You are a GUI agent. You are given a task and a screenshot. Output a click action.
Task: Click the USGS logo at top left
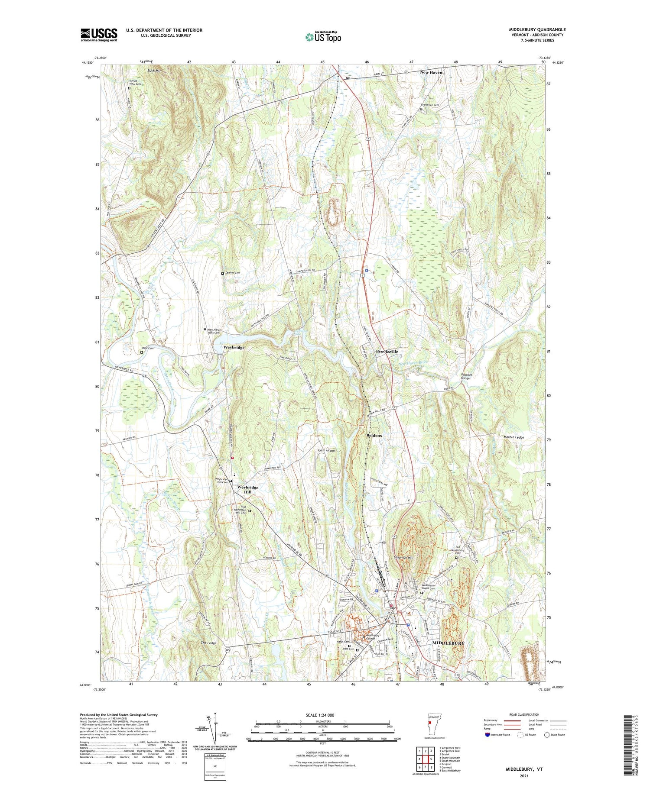[x=99, y=35]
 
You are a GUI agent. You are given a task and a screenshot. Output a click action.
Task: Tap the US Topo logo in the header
[x=323, y=37]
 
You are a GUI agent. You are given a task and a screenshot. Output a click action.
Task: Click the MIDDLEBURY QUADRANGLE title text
[x=537, y=29]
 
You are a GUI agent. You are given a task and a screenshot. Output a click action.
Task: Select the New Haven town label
[x=431, y=72]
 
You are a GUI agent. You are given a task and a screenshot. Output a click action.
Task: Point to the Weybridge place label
[x=234, y=347]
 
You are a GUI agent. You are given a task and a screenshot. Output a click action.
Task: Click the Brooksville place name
[x=387, y=352]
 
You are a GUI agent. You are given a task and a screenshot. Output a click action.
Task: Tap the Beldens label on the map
[x=374, y=435]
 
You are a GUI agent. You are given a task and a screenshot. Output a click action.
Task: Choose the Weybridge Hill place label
[x=247, y=490]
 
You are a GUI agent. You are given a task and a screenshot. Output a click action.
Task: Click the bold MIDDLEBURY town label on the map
[x=448, y=643]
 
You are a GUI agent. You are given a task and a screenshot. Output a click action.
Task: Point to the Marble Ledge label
[x=513, y=437]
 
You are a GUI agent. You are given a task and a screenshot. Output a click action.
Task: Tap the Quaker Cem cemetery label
[x=232, y=273]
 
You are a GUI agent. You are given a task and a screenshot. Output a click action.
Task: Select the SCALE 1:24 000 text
[x=322, y=715]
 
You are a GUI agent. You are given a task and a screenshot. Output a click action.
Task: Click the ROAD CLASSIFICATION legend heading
[x=524, y=714]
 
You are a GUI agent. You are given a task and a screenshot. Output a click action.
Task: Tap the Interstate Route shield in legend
[x=487, y=735]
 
